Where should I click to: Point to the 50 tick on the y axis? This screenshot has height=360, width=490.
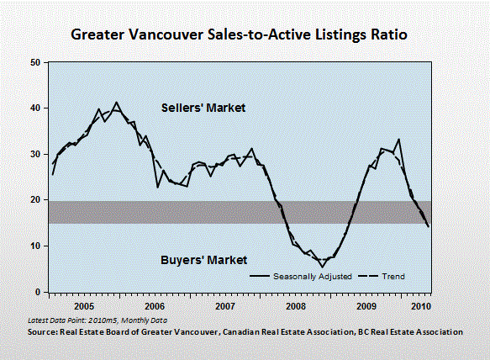35,62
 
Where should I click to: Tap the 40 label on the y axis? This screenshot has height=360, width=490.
35,109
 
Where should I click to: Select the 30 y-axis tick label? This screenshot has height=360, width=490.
35,154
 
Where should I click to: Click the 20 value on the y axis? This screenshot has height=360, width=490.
35,200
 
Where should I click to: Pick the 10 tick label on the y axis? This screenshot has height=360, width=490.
35,246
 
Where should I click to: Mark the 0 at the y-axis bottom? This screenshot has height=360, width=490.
38,292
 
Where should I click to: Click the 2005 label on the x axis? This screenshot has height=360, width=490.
84,306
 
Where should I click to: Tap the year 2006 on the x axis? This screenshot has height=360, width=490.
155,306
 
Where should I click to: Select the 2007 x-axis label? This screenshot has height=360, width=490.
225,306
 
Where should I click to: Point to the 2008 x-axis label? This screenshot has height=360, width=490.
296,306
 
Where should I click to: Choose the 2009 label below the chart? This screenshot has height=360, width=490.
366,306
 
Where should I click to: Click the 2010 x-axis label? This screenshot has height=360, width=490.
421,306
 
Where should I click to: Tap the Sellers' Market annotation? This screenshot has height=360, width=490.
203,108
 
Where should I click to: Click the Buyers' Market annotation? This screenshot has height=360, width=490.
203,260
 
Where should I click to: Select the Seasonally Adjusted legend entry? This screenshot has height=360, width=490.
301,277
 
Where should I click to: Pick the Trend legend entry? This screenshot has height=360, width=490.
382,277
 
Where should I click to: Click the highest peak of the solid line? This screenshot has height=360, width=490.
117,103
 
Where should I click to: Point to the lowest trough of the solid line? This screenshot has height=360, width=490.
322,267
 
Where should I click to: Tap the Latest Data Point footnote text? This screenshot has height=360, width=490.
97,320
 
